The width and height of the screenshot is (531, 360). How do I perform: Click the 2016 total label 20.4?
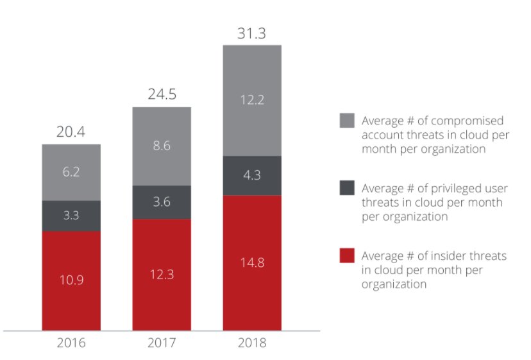coord(71,132)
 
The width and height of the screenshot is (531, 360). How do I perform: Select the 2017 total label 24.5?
coord(162,94)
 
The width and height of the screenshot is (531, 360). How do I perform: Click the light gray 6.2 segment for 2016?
coord(71,173)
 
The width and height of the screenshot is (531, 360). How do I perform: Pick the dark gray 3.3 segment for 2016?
coord(71,216)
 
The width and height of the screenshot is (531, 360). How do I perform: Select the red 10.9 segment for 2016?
coord(71,280)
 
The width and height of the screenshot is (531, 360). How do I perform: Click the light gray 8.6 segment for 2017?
coord(162,146)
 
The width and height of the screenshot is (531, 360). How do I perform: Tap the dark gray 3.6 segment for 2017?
coord(162,202)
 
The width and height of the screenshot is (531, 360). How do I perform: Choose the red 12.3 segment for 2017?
coord(162,274)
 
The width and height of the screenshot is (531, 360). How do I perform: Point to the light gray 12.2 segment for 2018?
coord(252,100)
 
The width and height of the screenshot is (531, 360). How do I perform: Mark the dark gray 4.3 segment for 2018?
coord(252,175)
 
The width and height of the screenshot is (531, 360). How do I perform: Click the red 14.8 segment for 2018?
coord(252,262)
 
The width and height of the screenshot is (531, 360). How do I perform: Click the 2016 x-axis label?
coord(71,343)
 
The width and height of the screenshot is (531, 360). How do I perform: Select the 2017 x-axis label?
coord(162,343)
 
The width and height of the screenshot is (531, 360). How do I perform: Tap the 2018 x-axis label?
coord(252,343)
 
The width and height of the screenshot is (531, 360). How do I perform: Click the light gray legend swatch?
coord(347,121)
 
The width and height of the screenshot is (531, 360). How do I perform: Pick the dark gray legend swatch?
coord(347,189)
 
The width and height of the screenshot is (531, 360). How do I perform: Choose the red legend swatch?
coord(347,256)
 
